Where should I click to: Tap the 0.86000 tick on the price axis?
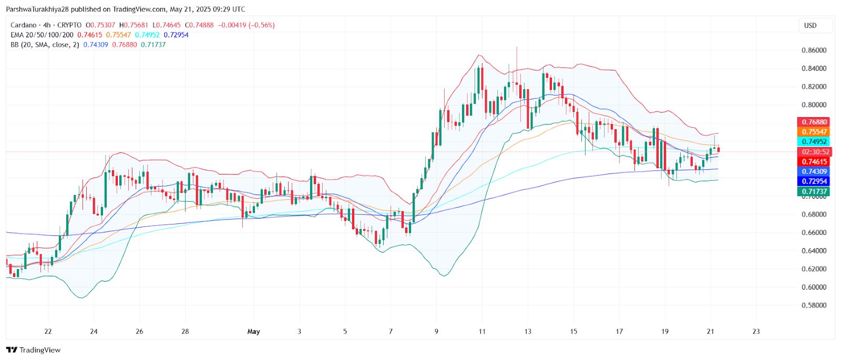click(x=814, y=50)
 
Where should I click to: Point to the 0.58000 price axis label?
click(x=814, y=305)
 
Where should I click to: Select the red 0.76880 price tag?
click(x=814, y=122)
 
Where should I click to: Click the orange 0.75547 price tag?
click(x=814, y=132)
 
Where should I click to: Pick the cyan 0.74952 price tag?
click(x=814, y=141)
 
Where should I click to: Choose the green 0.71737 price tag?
click(x=814, y=191)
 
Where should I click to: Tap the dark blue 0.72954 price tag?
click(x=814, y=181)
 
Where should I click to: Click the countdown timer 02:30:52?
click(x=814, y=152)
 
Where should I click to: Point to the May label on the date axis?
click(x=254, y=332)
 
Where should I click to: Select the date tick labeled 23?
click(x=756, y=332)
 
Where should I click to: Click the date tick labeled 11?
click(x=482, y=332)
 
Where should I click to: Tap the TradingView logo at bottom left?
click(x=34, y=350)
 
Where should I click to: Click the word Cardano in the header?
click(x=24, y=25)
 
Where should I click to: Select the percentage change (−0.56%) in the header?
click(x=262, y=25)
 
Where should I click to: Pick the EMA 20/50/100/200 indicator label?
click(x=42, y=35)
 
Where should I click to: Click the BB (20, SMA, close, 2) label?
click(x=45, y=45)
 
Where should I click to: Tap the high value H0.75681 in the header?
click(x=134, y=25)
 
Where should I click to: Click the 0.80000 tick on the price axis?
click(x=814, y=105)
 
